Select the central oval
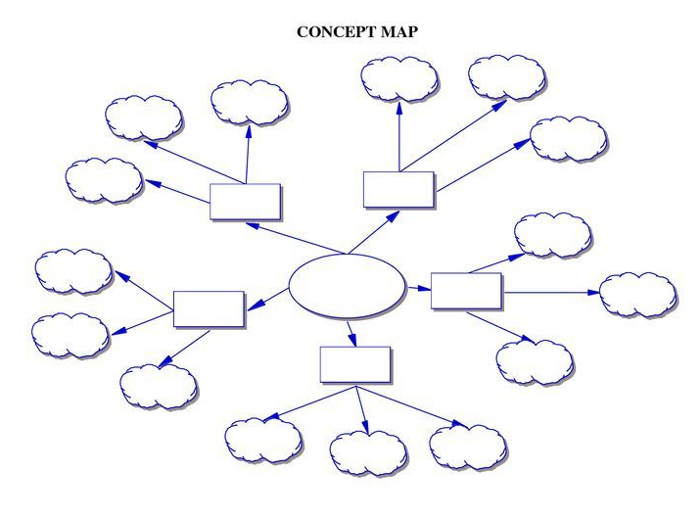(x=347, y=286)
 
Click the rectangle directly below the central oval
(x=355, y=364)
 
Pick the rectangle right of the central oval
(x=466, y=291)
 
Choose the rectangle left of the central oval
(x=209, y=307)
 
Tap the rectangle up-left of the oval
(x=246, y=201)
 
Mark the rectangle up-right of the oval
(x=398, y=188)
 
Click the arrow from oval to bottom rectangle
(x=350, y=333)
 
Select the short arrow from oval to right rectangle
(x=418, y=288)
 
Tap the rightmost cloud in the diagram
(x=637, y=294)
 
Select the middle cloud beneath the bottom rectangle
(x=368, y=451)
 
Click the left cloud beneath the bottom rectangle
(x=263, y=439)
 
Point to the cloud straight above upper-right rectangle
(x=398, y=79)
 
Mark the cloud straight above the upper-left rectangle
(x=250, y=100)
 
